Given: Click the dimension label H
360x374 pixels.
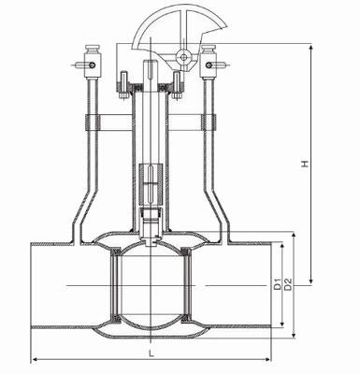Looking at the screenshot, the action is [x=306, y=164].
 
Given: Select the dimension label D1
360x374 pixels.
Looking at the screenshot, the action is [x=278, y=285].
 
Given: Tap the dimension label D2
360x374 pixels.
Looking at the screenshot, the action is [x=288, y=284].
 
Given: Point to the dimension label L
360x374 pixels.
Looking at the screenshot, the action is [x=151, y=353].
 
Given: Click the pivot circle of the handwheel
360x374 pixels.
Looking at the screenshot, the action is [x=183, y=57].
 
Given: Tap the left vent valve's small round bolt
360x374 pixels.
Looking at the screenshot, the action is [x=92, y=65].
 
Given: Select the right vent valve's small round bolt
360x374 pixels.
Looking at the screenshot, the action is [x=209, y=65].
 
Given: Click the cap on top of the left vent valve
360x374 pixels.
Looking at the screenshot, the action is [x=93, y=49].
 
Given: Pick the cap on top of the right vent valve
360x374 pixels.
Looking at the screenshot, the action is [x=209, y=49].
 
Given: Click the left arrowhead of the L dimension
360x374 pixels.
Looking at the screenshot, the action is [x=35, y=359].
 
